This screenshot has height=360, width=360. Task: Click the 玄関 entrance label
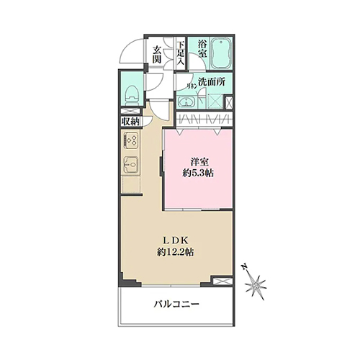[x=157, y=55]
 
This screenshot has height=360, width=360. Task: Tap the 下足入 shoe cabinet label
[x=181, y=53]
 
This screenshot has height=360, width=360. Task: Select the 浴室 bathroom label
[x=202, y=49]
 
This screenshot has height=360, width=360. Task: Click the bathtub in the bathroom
[x=221, y=53]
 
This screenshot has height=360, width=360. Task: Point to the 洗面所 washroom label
[x=212, y=82]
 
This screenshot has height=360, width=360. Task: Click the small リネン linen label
[x=192, y=86]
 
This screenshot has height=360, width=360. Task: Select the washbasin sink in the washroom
[x=186, y=102]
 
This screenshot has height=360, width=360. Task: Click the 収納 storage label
[x=130, y=122]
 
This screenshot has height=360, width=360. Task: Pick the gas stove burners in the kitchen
[x=130, y=140]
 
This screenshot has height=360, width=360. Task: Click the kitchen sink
[x=130, y=165]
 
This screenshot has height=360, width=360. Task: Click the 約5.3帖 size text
[x=198, y=173]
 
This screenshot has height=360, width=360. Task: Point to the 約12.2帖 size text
[x=176, y=252]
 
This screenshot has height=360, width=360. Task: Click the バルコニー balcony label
[x=176, y=305]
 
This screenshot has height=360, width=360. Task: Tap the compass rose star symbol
[x=256, y=285]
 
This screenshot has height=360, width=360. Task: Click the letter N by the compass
[x=245, y=267]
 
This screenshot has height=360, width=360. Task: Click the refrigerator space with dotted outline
[x=131, y=184]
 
